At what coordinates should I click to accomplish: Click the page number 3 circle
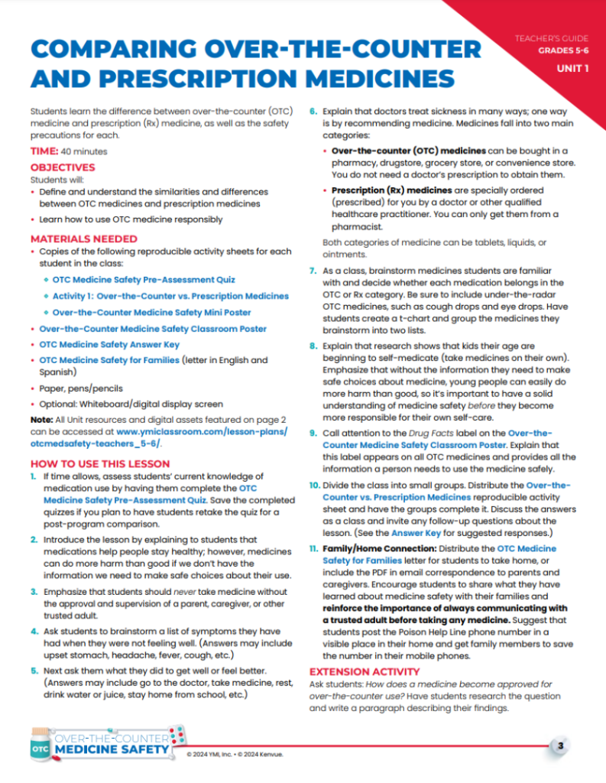(560, 746)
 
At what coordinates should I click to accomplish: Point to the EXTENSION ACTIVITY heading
(356, 671)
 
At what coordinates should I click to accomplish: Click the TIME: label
(43, 151)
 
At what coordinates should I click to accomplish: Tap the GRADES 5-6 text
(562, 50)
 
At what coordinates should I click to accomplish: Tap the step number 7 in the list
(313, 271)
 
